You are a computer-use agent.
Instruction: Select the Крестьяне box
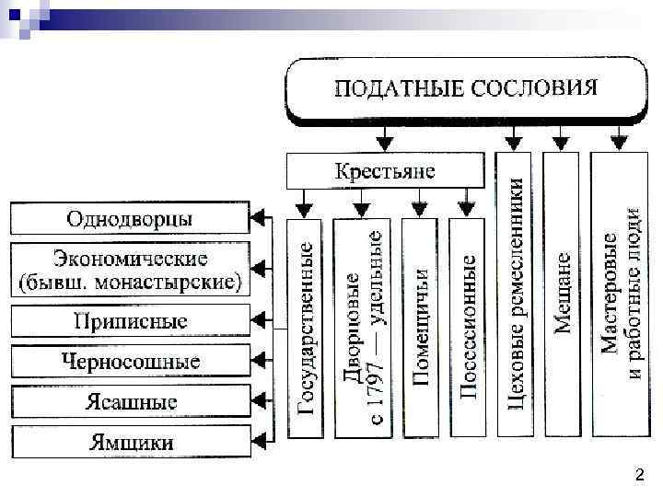385,170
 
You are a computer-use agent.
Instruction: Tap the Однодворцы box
130,219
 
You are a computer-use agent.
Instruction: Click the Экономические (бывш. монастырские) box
130,270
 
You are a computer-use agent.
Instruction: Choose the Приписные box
130,321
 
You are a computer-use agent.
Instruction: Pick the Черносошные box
130,361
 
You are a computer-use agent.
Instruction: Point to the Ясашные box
130,401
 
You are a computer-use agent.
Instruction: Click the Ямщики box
130,442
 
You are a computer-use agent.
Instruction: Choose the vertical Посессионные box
469,328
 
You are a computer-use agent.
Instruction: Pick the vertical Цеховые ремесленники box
518,295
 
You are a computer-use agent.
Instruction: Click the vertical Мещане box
562,295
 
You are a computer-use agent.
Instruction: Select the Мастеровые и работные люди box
622,295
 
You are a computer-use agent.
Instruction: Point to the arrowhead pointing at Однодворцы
259,219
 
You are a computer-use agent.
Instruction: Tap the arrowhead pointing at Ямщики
259,442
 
